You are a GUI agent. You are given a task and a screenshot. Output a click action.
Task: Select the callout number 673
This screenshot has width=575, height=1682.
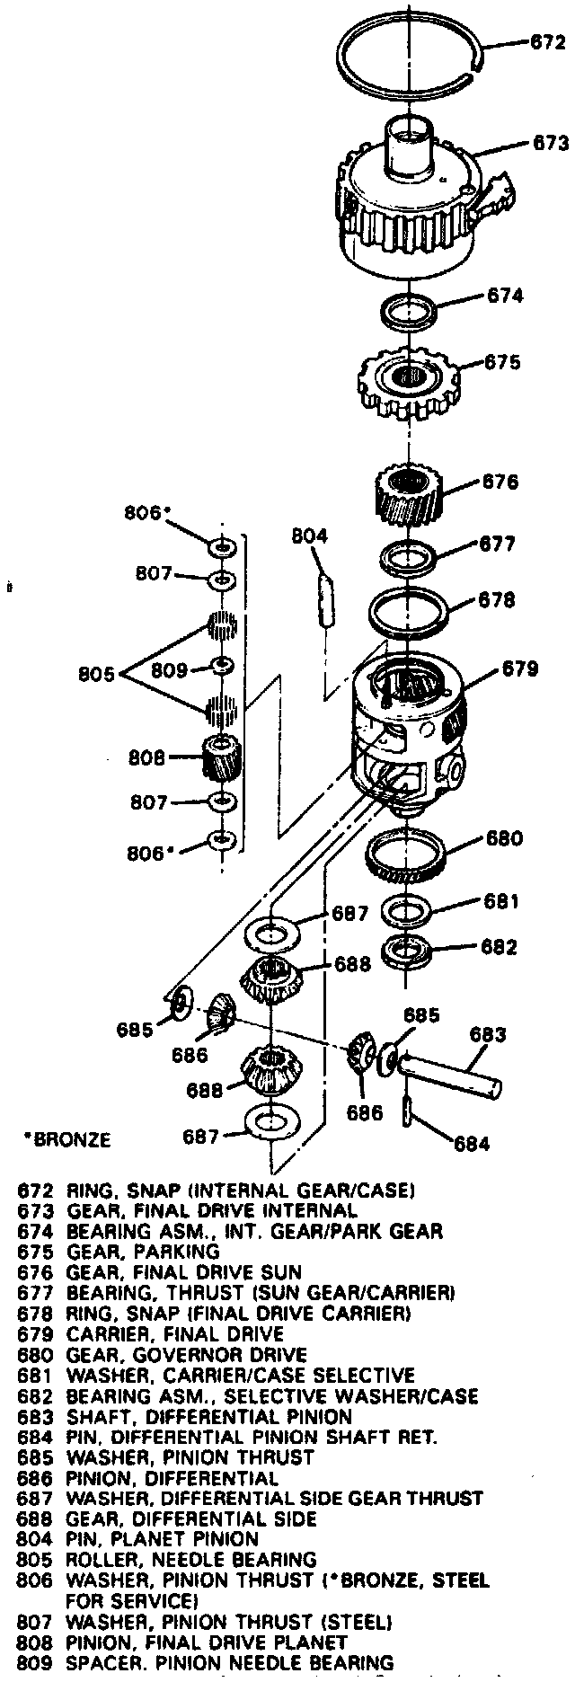550,142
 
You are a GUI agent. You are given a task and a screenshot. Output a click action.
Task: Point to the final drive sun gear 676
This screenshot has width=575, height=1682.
409,501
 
